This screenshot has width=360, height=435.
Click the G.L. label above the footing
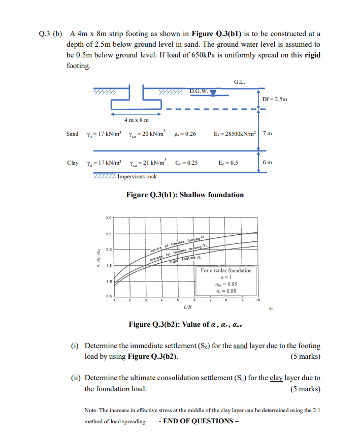tap(239, 82)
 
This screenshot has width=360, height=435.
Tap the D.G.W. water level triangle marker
tap(213, 92)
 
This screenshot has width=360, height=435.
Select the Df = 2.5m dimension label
tap(275, 99)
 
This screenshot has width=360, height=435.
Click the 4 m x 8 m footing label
tap(137, 120)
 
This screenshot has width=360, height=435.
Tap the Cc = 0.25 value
tap(186, 163)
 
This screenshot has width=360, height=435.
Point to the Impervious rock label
tap(137, 176)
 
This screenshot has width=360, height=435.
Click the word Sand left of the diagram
tap(73, 134)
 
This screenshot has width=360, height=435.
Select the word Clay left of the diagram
tap(73, 163)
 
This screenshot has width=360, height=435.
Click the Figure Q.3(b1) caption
tap(185, 195)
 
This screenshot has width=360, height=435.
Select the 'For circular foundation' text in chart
tap(226, 270)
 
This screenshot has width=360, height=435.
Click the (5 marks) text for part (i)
tap(305, 356)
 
